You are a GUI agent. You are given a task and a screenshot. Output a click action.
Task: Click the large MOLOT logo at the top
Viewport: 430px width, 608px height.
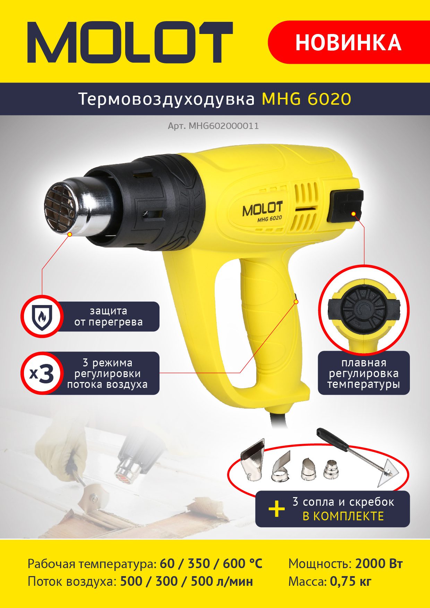click(130, 42)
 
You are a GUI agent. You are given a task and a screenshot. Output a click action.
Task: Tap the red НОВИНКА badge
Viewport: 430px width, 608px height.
click(349, 42)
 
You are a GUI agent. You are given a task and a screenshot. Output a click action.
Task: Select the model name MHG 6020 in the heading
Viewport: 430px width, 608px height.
click(307, 99)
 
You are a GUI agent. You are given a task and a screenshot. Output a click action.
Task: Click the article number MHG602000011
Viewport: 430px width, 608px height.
click(224, 126)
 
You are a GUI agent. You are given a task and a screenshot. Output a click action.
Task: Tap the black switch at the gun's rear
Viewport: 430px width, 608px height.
click(345, 206)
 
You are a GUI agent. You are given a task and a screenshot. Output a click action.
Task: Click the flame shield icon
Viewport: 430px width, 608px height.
click(42, 317)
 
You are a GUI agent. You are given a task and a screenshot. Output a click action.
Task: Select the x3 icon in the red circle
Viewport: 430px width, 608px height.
click(42, 373)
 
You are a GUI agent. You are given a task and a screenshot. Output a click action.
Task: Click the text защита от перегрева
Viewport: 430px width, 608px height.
click(109, 316)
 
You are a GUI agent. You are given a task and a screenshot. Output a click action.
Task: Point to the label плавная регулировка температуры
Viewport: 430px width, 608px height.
click(364, 373)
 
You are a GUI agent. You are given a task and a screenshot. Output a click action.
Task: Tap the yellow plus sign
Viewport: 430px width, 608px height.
click(277, 509)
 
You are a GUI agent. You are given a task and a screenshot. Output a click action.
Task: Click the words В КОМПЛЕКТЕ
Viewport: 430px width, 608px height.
click(343, 516)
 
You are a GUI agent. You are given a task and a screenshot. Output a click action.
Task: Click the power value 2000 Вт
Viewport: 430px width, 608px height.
click(379, 564)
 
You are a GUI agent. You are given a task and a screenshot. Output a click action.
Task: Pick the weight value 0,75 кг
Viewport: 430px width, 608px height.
click(351, 581)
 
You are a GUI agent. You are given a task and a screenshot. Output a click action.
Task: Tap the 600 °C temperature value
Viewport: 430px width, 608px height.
click(242, 564)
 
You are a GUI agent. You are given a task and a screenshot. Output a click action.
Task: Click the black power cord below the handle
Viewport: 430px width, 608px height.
click(277, 416)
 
